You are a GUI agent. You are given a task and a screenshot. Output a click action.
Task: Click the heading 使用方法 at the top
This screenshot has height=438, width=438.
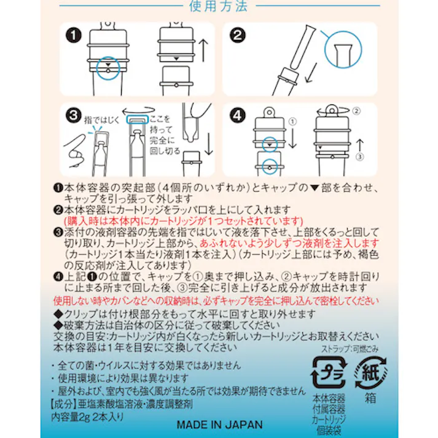[x=219, y=7]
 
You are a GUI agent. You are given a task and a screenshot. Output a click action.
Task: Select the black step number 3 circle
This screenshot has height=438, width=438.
[x=75, y=115]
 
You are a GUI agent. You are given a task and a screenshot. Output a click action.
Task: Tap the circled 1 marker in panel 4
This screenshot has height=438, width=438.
[x=292, y=122]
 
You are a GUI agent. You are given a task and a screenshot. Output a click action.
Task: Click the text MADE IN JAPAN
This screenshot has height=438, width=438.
[x=219, y=425]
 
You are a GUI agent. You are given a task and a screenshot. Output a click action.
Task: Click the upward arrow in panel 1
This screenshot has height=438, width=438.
[x=205, y=46]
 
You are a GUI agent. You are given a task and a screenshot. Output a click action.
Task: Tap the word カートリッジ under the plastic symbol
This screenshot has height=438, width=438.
[x=329, y=420]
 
